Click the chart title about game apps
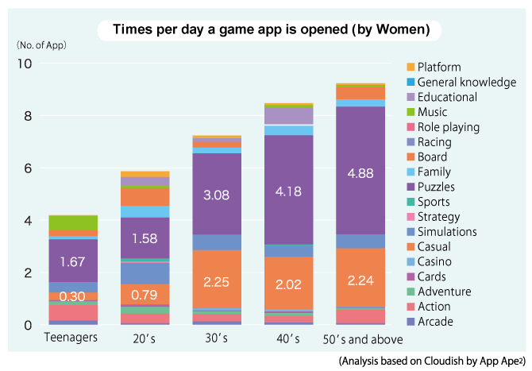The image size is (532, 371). pos(272,30)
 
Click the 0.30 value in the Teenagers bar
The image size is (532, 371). pos(72,296)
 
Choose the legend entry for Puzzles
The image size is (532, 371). pos(441,187)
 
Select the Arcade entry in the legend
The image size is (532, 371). pos(437,322)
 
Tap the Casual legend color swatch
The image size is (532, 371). pos(411,247)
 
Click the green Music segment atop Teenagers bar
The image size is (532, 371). pos(72,222)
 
